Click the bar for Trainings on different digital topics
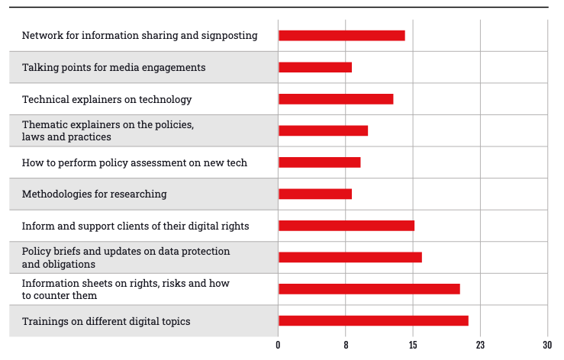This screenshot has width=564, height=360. click(x=373, y=321)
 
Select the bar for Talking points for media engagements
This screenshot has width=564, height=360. click(x=315, y=67)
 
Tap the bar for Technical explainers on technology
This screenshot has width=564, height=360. click(x=336, y=99)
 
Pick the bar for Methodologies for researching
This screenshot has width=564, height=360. click(x=315, y=194)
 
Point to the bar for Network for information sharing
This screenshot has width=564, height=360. click(x=341, y=35)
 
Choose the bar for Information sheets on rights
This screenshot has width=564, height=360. click(x=369, y=288)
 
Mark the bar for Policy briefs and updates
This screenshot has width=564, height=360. click(x=350, y=257)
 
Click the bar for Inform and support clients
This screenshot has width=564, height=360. click(x=346, y=226)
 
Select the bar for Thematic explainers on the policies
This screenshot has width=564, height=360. click(x=323, y=130)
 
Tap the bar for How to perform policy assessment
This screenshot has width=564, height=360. click(x=319, y=162)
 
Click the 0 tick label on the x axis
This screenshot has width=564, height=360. click(x=279, y=346)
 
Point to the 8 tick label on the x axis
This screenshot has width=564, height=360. click(x=346, y=346)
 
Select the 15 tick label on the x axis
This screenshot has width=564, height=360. click(x=413, y=346)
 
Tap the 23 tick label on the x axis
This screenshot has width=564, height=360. click(x=480, y=346)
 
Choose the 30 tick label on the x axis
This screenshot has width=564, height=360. click(x=547, y=346)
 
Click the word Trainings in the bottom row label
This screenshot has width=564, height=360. click(x=44, y=321)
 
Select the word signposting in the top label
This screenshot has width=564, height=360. click(x=228, y=36)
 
